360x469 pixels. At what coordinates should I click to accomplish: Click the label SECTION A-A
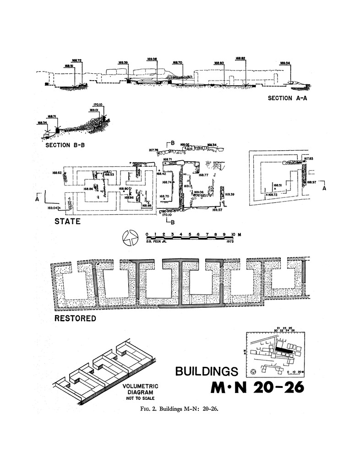287,98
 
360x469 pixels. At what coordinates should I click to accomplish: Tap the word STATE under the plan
67,222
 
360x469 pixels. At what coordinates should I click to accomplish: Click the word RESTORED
75,318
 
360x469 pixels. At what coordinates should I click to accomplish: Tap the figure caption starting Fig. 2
180,409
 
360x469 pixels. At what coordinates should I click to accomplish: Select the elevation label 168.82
241,59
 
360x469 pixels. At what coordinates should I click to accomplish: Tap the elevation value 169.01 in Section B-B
95,110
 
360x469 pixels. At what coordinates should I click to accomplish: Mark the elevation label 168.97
311,182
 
